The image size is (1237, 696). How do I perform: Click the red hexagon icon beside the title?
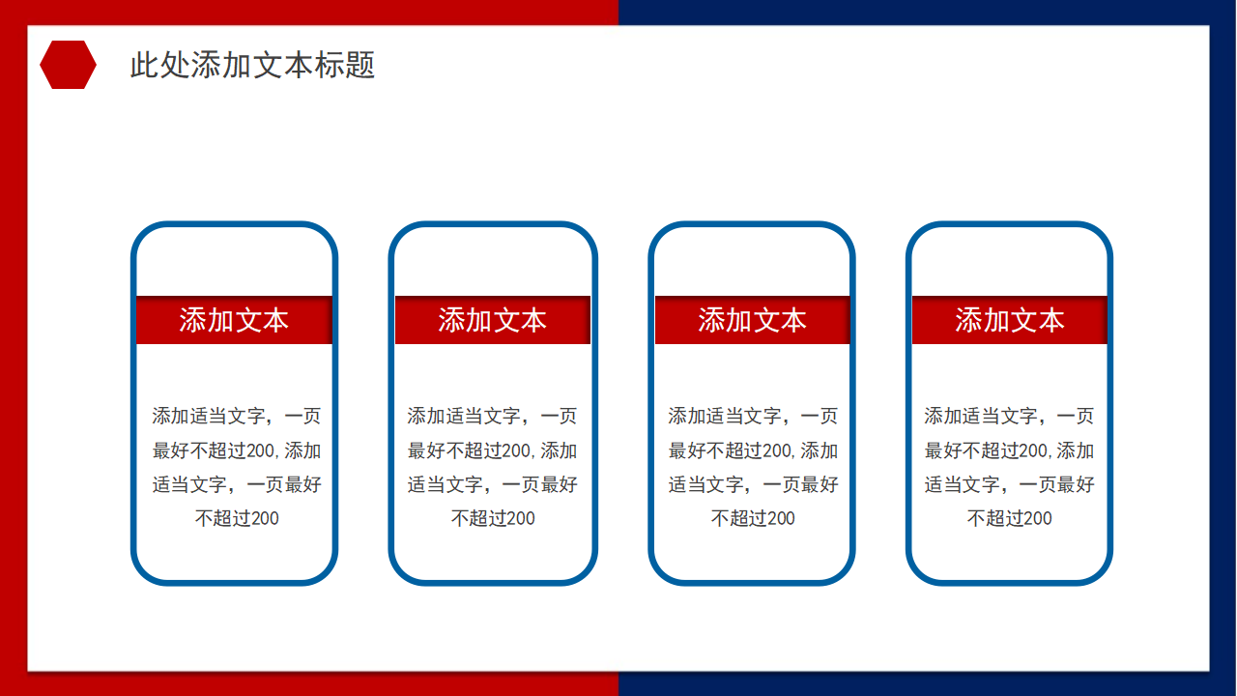click(x=68, y=65)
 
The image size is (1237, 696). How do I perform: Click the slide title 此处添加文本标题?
click(x=252, y=65)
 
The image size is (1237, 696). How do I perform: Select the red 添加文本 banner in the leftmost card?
click(x=234, y=320)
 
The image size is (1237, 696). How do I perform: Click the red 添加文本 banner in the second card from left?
click(x=493, y=320)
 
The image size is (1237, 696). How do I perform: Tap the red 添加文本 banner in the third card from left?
click(x=752, y=320)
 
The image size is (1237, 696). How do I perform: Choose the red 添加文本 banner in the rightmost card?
click(x=1010, y=320)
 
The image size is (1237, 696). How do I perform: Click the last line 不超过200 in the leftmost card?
click(x=237, y=518)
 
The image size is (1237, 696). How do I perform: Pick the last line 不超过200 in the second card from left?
click(x=493, y=518)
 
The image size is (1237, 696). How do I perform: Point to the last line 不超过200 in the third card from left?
click(x=753, y=518)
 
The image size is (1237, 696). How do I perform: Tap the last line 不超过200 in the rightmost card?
click(x=1009, y=518)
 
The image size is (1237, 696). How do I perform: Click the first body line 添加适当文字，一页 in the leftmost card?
click(x=236, y=417)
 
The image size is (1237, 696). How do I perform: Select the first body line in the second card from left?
click(x=492, y=417)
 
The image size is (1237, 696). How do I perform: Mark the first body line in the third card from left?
click(x=753, y=417)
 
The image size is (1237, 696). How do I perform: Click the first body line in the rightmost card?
click(x=1009, y=417)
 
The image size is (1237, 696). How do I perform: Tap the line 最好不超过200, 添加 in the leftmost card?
click(x=236, y=450)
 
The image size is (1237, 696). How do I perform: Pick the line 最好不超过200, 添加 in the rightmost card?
click(x=1009, y=450)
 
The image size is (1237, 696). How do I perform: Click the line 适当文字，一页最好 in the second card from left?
click(x=492, y=484)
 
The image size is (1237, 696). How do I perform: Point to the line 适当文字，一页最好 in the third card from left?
click(x=753, y=484)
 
